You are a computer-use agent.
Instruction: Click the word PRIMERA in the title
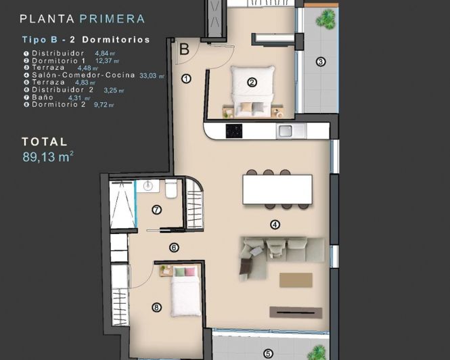point(112,19)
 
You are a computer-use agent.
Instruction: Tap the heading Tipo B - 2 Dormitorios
point(85,40)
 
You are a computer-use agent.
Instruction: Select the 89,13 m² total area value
point(47,157)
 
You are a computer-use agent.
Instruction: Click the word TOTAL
point(45,142)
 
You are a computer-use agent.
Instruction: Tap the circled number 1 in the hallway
point(186,79)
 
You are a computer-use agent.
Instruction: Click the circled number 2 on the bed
point(252,83)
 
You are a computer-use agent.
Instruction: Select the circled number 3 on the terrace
point(321,62)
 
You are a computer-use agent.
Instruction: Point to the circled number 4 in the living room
point(275,225)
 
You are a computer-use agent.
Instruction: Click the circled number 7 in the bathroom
point(157,210)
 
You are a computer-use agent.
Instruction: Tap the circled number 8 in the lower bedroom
point(157,307)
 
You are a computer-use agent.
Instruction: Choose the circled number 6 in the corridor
point(174,248)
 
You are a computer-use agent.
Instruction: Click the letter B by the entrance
point(184,49)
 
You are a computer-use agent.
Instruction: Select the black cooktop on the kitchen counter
point(234,131)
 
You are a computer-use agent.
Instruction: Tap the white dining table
point(277,189)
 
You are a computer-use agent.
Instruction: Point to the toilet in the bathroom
point(171,189)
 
